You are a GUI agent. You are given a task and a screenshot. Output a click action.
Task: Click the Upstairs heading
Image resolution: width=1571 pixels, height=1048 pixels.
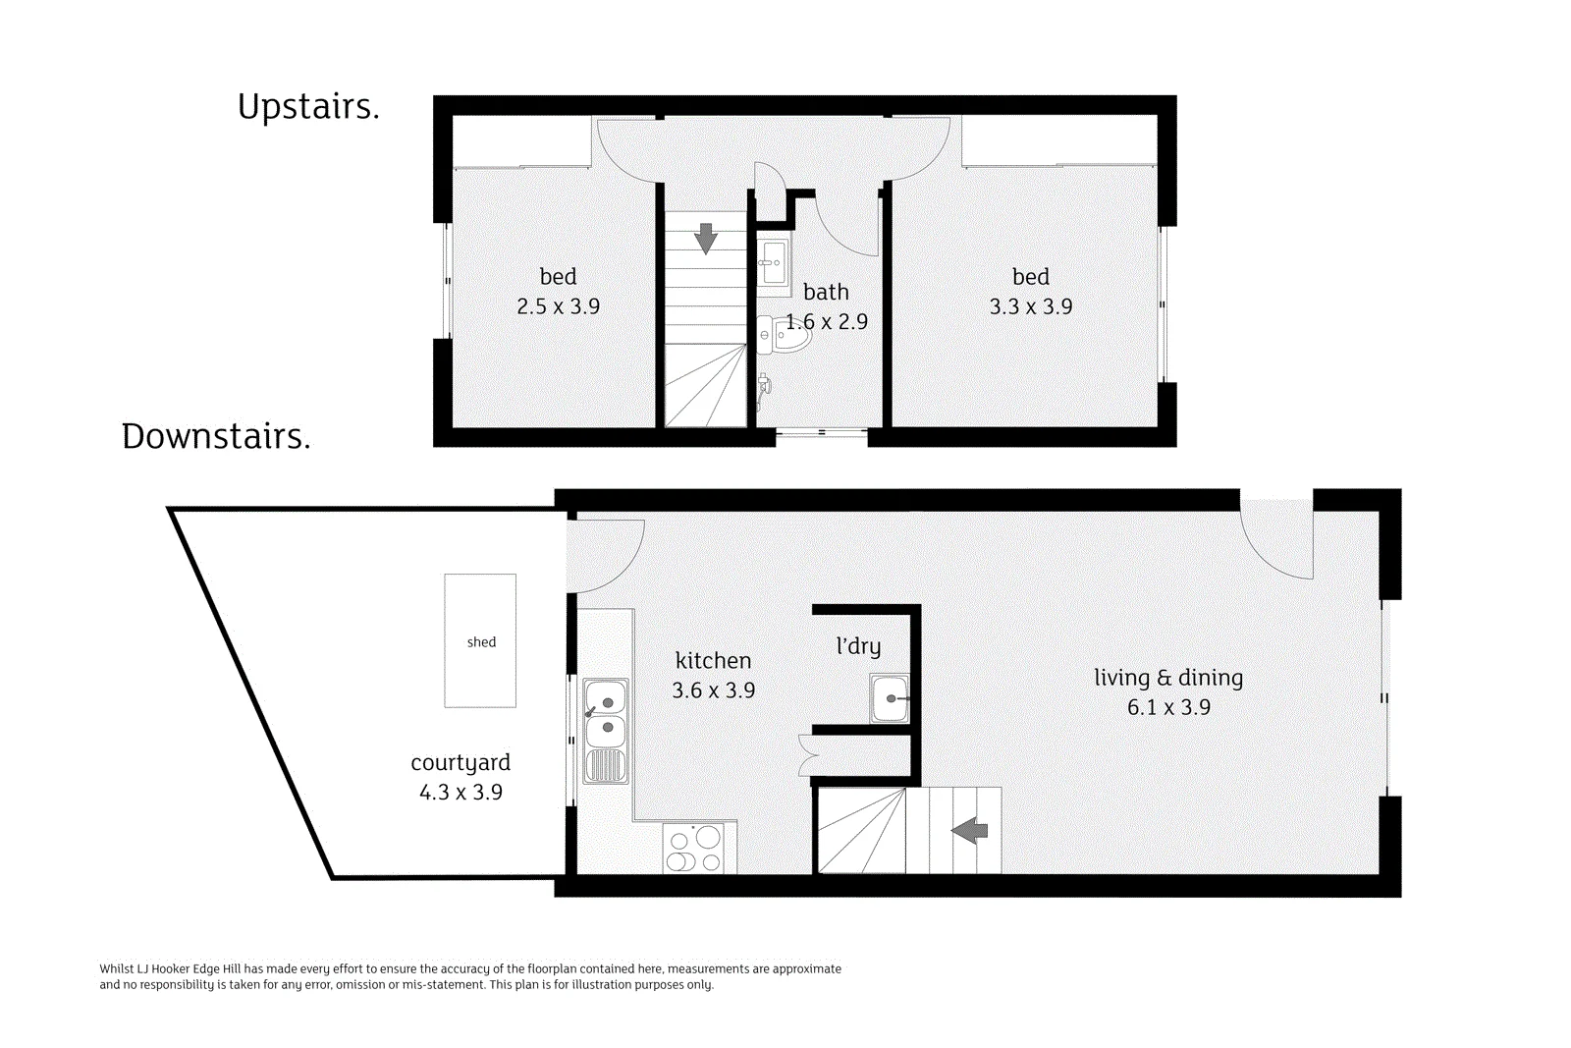[x=308, y=107]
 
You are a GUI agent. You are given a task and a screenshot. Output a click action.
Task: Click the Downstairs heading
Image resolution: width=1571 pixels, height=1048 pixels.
[x=216, y=436]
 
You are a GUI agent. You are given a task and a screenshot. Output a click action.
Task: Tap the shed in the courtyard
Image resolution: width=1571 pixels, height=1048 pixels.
[x=480, y=640]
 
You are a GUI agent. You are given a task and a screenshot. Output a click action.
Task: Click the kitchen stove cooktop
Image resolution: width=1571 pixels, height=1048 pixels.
[x=693, y=848]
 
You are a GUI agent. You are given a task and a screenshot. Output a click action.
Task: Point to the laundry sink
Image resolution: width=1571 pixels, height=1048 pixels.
[x=890, y=698]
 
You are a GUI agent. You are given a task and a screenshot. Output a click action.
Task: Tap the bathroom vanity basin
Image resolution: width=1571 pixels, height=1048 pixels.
[x=773, y=262]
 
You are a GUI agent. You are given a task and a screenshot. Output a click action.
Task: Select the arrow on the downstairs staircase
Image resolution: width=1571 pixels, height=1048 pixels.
[x=969, y=831]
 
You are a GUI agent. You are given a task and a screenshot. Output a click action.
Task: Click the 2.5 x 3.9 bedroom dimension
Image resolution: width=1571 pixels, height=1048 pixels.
[x=559, y=306]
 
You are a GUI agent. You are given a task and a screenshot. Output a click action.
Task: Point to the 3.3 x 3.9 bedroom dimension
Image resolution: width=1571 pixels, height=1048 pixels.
[x=1031, y=306]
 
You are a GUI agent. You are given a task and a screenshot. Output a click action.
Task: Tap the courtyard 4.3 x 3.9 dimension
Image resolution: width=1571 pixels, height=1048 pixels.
[x=460, y=792]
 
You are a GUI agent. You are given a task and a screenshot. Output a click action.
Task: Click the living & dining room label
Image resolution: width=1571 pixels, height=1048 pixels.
[x=1168, y=678]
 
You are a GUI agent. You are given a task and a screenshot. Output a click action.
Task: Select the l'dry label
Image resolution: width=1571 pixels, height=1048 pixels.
[x=858, y=646]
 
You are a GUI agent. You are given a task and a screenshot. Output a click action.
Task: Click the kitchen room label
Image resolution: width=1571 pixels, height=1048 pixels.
[x=713, y=660]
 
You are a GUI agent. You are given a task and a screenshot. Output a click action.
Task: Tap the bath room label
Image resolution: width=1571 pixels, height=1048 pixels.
[x=826, y=291]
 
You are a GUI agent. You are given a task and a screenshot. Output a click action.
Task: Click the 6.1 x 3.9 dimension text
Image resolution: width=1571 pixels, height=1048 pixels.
[x=1169, y=707]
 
